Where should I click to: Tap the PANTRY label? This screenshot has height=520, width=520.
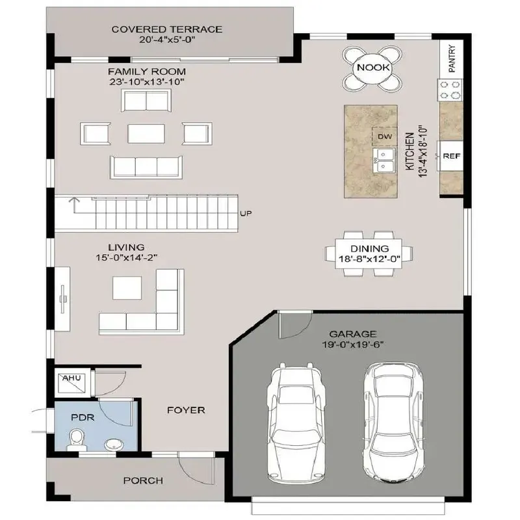click(x=451, y=58)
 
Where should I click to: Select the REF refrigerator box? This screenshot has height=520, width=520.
click(x=450, y=156)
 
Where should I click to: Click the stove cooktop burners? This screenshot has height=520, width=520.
click(x=450, y=89)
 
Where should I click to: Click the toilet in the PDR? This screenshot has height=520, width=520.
click(x=77, y=439)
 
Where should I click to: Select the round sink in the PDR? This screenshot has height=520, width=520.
click(x=114, y=445)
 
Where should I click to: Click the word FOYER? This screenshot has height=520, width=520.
click(x=186, y=410)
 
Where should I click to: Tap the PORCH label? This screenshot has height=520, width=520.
click(x=143, y=481)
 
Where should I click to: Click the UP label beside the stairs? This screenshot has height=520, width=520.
click(x=246, y=213)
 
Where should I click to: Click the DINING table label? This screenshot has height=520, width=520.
click(x=369, y=248)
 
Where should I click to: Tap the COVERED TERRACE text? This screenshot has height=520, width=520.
click(x=167, y=29)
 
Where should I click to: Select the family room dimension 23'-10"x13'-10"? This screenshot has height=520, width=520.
click(x=147, y=83)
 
